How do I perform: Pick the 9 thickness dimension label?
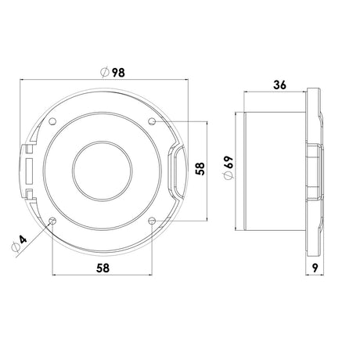[313, 268]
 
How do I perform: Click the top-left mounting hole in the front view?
[52, 121]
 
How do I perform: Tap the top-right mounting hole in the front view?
[151, 121]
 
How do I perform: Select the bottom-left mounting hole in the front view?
[52, 221]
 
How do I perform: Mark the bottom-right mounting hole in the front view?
[151, 221]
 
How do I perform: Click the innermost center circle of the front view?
[101, 170]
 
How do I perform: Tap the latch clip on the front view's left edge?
[28, 170]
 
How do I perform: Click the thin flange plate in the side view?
[313, 171]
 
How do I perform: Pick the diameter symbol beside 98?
[106, 72]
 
